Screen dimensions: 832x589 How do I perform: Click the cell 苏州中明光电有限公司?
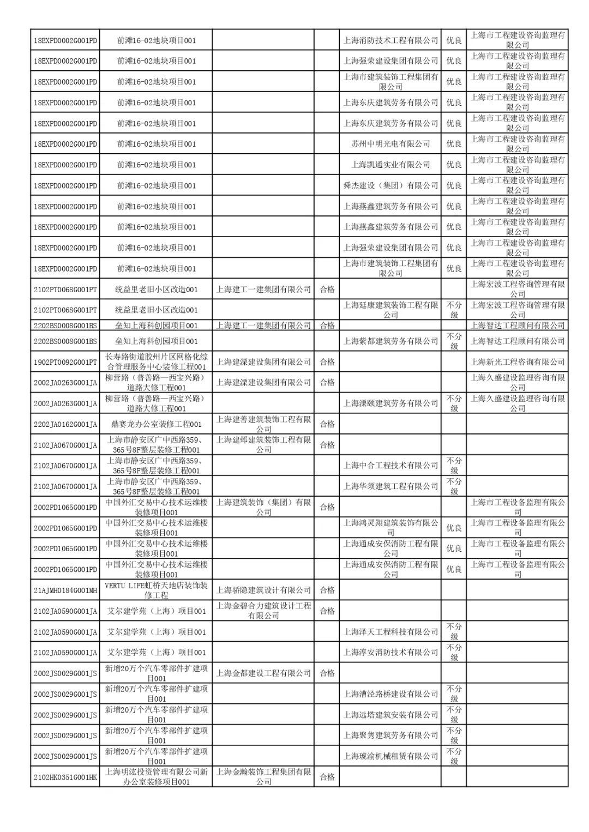coord(390,144)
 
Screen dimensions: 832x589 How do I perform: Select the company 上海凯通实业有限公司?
coord(390,165)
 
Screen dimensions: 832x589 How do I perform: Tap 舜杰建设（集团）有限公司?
coord(390,185)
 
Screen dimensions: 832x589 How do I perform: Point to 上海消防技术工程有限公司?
coord(390,40)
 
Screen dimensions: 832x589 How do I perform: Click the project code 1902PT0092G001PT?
coord(65,362)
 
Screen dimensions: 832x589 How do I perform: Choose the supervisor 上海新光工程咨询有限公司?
coord(518,362)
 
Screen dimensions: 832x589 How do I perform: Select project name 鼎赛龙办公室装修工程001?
coord(156,424)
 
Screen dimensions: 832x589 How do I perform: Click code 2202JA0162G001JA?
coord(65,424)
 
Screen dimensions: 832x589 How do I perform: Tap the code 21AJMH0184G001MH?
coord(65,590)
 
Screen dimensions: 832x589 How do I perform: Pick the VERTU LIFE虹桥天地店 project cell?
coord(156,590)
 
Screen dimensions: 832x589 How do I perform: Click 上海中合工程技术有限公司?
coord(390,466)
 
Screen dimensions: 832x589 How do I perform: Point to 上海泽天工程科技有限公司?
coord(390,632)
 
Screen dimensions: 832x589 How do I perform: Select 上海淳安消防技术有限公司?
coord(390,653)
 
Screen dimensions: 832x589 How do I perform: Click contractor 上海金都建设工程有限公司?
coord(263,673)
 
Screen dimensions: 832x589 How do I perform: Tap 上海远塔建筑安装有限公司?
coord(390,715)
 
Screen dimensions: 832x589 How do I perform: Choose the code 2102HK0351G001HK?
coord(65,777)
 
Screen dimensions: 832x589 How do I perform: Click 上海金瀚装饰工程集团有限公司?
coord(263,777)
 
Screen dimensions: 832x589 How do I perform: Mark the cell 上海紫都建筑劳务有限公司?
coord(390,341)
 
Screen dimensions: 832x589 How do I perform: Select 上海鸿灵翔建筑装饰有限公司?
coord(390,528)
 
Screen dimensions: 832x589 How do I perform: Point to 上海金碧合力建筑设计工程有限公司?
coord(263,611)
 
